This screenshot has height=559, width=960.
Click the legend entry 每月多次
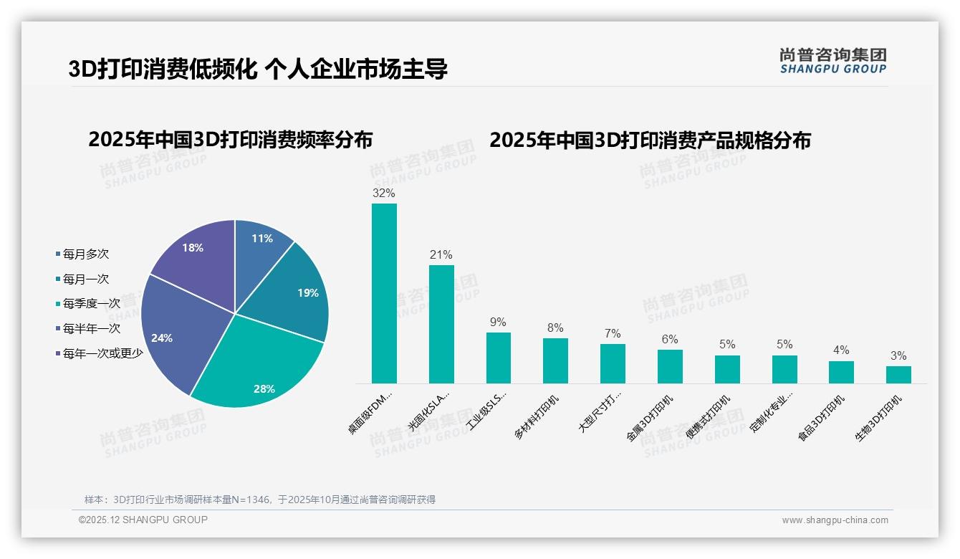[x=85, y=254]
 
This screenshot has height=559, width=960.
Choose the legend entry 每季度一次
[x=91, y=304]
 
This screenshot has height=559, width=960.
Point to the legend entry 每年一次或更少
[x=102, y=353]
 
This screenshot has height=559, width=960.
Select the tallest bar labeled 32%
[x=384, y=294]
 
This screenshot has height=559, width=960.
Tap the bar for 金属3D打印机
[x=670, y=366]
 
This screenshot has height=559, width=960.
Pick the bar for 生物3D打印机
[x=898, y=375]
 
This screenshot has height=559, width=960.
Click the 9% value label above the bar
[x=498, y=322]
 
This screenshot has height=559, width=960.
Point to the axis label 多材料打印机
[x=537, y=416]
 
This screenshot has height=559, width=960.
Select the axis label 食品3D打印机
[x=822, y=418]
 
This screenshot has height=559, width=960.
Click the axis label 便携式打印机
[x=709, y=416]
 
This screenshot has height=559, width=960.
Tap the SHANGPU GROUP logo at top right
[x=832, y=60]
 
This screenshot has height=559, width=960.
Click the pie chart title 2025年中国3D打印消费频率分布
[x=231, y=140]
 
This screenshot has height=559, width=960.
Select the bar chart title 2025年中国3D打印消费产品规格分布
[x=650, y=140]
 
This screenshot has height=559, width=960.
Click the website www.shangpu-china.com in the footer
[x=835, y=520]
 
